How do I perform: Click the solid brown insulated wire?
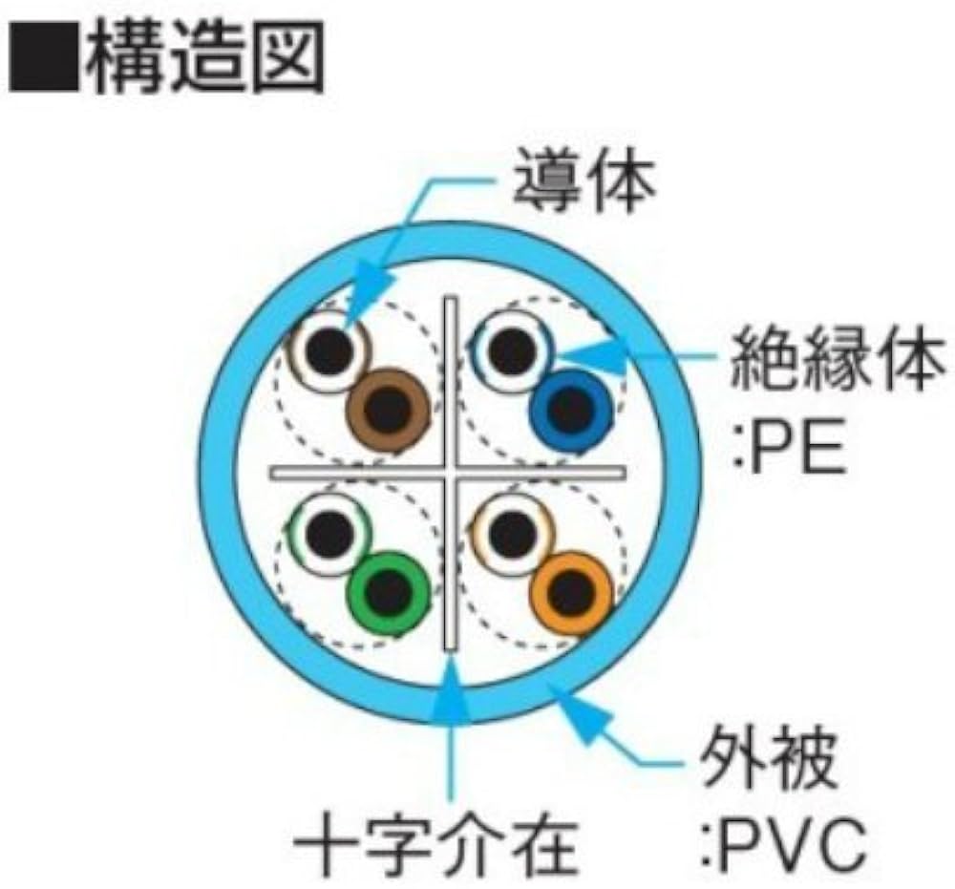tap(387, 409)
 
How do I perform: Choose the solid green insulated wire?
tap(387, 592)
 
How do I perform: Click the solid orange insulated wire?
tap(571, 592)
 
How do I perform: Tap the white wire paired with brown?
tap(329, 351)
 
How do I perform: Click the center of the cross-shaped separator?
tap(449, 472)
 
